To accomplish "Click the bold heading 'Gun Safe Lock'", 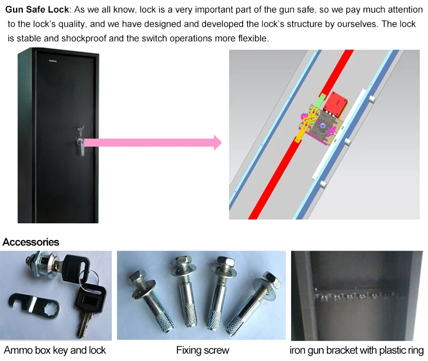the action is (x=37, y=10).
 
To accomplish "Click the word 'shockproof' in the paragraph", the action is (x=84, y=38).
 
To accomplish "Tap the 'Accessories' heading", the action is (x=31, y=242).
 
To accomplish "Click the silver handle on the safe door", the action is (x=82, y=146).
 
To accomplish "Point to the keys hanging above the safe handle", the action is (x=80, y=131).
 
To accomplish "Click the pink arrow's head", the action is (x=217, y=142).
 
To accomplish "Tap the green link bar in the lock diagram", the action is (x=319, y=105).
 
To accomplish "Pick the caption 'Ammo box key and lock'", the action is (x=55, y=350).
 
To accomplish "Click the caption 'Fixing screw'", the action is (x=203, y=350).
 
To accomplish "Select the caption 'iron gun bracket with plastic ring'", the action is (x=357, y=350).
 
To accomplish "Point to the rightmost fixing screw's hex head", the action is (x=270, y=279).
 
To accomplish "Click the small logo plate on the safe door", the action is (x=53, y=61).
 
